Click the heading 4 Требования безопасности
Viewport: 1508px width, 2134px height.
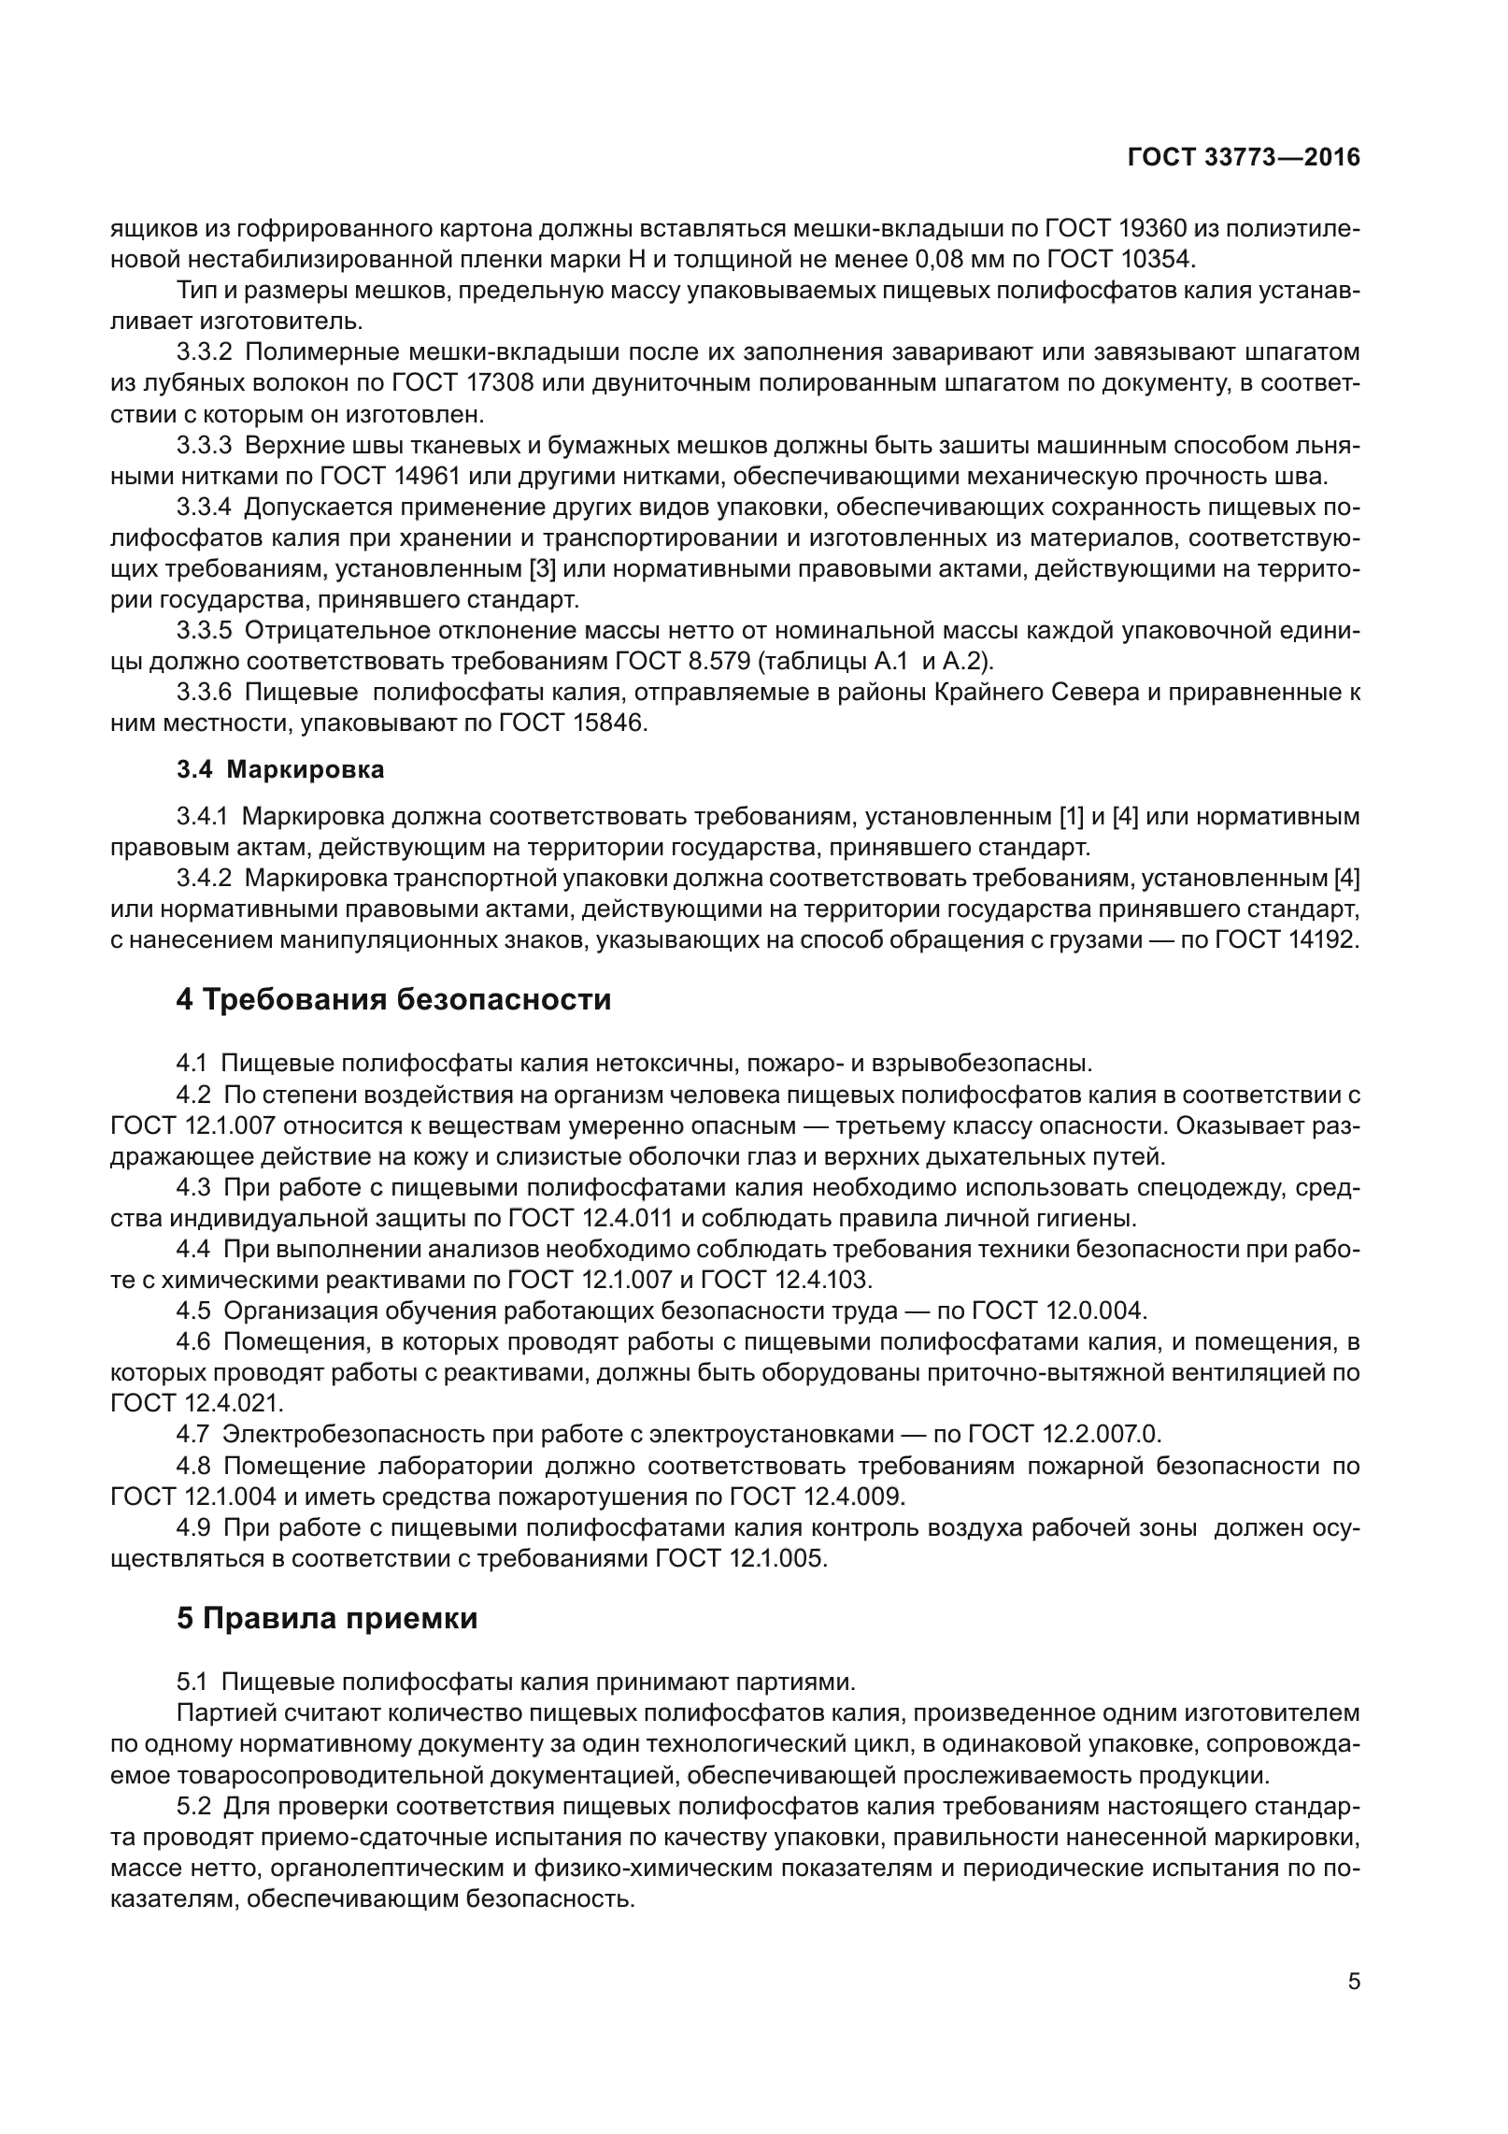click(393, 999)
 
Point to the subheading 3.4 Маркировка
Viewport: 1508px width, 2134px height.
click(280, 770)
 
